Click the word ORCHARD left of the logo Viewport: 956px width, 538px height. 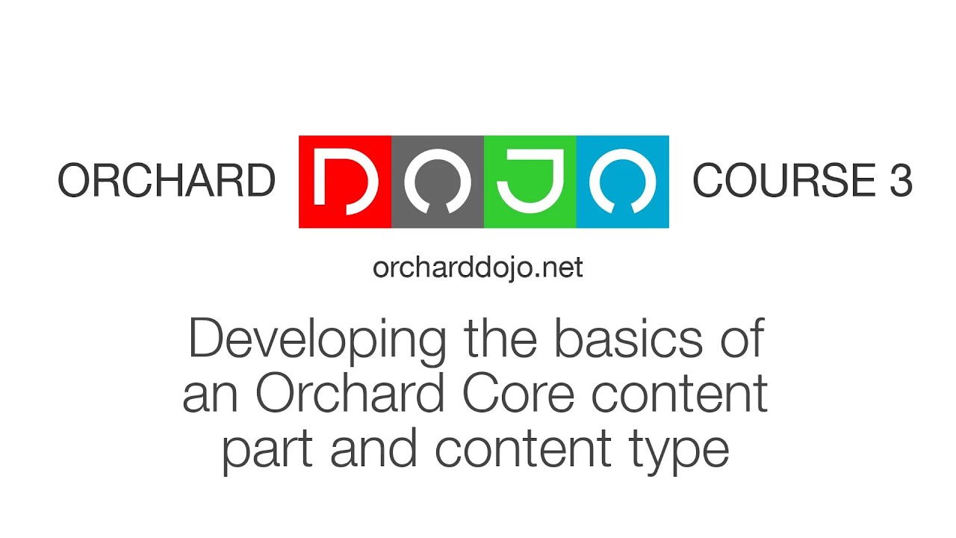coord(167,182)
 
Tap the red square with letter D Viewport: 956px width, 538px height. coord(345,182)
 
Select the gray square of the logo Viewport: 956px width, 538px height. coord(438,182)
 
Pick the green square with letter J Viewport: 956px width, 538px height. coord(530,182)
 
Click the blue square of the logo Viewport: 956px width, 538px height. coord(622,182)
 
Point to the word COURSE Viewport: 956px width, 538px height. coord(784,182)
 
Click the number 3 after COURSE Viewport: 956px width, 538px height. coord(900,182)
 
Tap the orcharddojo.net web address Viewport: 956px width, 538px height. coord(478,268)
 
